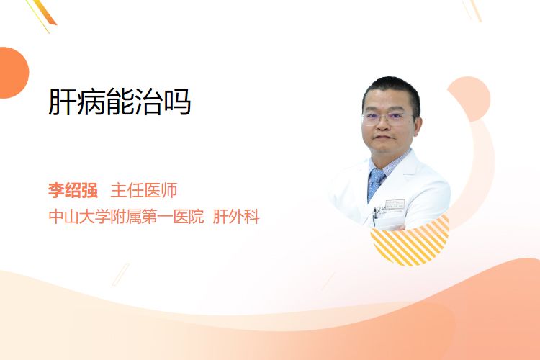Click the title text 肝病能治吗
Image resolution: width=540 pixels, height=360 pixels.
tap(120, 102)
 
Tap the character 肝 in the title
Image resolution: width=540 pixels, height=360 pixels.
tap(62, 102)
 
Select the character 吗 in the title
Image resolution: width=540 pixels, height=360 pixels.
tap(177, 102)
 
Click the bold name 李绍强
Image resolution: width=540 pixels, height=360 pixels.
tap(73, 190)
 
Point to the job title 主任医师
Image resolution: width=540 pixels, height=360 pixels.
tap(143, 190)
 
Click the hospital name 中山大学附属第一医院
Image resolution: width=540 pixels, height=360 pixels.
tap(126, 217)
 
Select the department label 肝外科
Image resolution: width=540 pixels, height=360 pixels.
tap(236, 217)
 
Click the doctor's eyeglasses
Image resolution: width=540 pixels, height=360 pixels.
tap(387, 118)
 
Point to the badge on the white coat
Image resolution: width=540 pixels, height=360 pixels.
tap(395, 204)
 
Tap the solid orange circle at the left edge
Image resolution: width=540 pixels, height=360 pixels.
tap(13, 73)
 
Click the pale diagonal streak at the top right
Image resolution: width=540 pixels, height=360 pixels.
tap(472, 10)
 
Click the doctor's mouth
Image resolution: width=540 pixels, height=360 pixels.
tap(383, 137)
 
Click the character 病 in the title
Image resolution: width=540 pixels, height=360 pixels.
tap(91, 102)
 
